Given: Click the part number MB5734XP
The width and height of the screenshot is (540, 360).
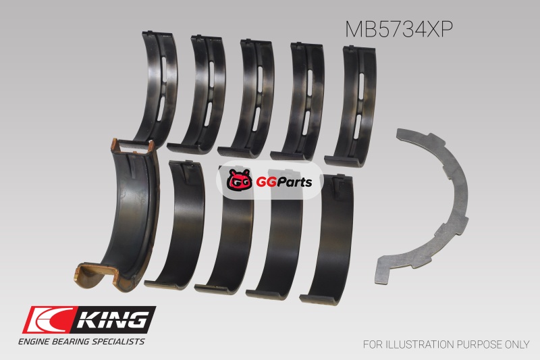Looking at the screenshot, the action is [x=398, y=29].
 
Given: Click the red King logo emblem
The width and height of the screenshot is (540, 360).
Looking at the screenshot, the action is [x=47, y=320].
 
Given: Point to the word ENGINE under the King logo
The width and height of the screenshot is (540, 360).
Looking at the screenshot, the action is [x=33, y=342].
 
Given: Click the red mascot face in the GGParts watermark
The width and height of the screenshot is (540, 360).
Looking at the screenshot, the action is [x=240, y=180].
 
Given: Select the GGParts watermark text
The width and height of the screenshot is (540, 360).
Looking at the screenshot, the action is [x=284, y=182].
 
